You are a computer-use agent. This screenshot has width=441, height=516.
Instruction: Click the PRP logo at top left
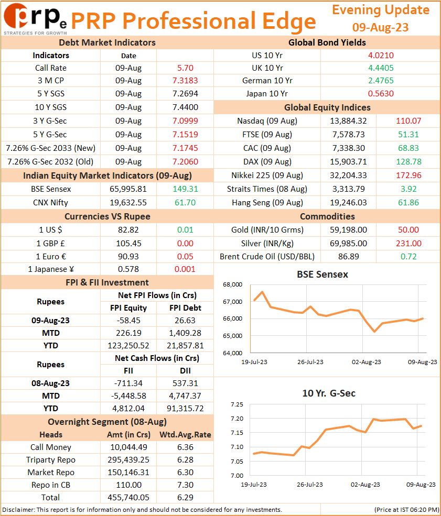coord(35,19)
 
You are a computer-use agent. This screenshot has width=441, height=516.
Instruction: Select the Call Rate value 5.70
coord(185,68)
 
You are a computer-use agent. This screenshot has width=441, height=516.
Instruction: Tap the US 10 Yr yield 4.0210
coord(381,56)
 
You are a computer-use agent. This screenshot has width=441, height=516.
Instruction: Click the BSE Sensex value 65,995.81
coord(128,189)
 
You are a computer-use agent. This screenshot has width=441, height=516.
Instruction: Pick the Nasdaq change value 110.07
coord(408,121)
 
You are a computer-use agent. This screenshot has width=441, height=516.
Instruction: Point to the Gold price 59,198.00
coord(349,229)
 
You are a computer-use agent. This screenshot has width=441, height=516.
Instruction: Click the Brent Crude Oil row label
coord(267,256)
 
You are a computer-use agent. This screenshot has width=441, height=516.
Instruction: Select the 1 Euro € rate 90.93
coord(128,256)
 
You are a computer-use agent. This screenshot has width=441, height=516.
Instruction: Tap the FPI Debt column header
coord(185,308)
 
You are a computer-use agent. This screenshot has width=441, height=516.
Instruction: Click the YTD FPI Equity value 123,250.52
coord(128,346)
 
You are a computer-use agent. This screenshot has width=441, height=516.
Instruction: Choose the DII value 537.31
coord(185,383)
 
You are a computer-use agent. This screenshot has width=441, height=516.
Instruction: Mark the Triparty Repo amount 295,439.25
coord(128,460)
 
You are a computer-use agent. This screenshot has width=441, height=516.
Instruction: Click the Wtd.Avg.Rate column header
coord(185,435)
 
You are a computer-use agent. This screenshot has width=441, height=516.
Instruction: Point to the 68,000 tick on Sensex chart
coord(232,284)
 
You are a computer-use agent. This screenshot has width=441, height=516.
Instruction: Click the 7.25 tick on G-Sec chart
coord(237,404)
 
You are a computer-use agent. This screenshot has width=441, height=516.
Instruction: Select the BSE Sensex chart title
coord(322,274)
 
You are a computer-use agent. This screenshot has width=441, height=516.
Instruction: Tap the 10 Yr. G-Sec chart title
coord(329,393)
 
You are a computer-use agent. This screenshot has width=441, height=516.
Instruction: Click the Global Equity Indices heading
coord(327,107)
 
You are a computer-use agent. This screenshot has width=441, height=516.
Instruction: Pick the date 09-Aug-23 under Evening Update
coord(380,27)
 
